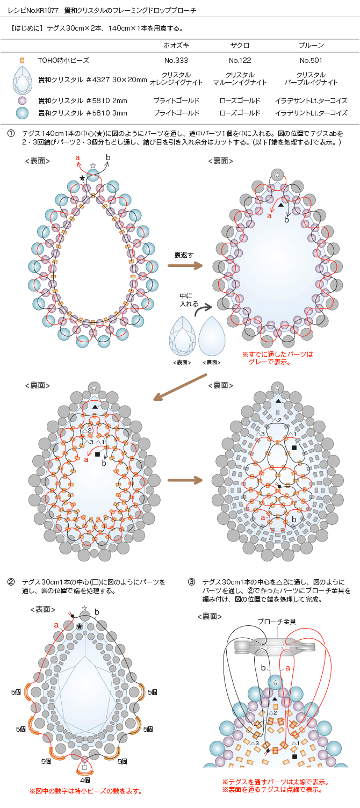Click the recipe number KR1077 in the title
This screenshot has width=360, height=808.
pos(47,10)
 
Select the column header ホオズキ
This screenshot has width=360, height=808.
pos(176,46)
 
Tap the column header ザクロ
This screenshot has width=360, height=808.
pos(240,46)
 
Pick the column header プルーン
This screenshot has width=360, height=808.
pos(311,46)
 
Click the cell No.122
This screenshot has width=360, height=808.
pos(240,61)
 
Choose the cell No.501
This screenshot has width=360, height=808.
pos(311,61)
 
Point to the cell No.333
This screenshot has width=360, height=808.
pos(176,61)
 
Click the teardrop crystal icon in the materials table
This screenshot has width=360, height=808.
pos(23,80)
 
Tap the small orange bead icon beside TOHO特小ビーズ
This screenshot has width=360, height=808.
pos(23,61)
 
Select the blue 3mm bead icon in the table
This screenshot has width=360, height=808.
pos(23,113)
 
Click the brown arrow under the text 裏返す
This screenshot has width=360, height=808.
pos(185,266)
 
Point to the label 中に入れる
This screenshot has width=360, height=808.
pos(189,300)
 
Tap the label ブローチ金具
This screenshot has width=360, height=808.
pos(277,622)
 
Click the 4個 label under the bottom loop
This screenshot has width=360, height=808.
pos(85,780)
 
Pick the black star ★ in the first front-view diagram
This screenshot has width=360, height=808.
pos(82,178)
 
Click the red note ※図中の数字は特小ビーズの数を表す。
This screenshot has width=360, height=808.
pos(86,791)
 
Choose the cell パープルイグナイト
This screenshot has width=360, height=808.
pos(311,83)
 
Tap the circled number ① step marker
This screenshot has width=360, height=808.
pos(11,134)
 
